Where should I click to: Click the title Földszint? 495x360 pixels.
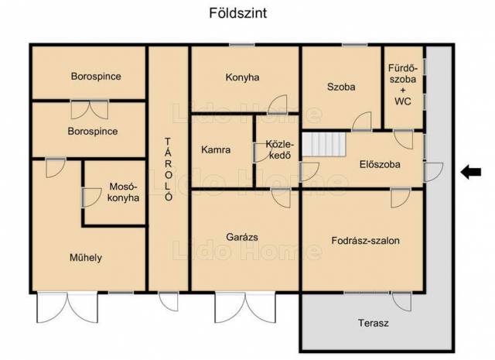238,13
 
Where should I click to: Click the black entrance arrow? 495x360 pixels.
471,172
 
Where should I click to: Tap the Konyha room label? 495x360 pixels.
242,77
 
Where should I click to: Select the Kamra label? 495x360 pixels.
216,149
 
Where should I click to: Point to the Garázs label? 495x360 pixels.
242,237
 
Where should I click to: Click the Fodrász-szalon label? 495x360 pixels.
365,241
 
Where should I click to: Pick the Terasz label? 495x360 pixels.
373,323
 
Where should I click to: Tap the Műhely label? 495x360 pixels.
86,258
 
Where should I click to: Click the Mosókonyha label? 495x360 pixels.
123,192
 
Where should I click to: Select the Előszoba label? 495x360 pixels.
380,164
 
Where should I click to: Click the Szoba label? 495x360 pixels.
341,87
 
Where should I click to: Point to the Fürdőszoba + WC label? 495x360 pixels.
403,84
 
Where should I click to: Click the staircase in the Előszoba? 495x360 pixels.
324,144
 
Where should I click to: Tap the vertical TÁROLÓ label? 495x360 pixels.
169,169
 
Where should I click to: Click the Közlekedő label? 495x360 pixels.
280,149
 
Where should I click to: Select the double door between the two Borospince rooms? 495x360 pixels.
90,109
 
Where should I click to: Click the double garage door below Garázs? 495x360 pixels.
245,307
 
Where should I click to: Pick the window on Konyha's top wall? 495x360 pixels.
242,45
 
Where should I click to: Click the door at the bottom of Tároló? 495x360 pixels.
169,301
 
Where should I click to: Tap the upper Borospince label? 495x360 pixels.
96,76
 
